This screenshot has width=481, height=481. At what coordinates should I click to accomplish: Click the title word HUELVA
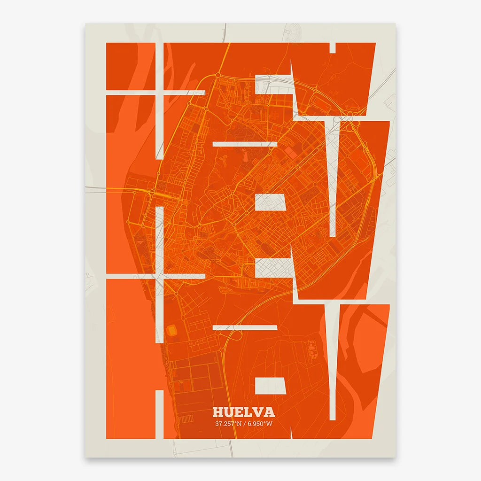click(244, 412)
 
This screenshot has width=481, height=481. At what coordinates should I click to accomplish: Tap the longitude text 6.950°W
click(260, 424)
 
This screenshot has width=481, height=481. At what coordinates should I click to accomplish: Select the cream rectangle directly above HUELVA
click(270, 386)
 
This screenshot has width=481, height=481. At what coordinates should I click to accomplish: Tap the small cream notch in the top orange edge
click(333, 47)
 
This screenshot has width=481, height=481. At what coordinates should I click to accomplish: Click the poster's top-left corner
click(85, 24)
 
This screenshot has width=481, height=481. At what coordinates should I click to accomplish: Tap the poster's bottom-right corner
click(396, 457)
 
